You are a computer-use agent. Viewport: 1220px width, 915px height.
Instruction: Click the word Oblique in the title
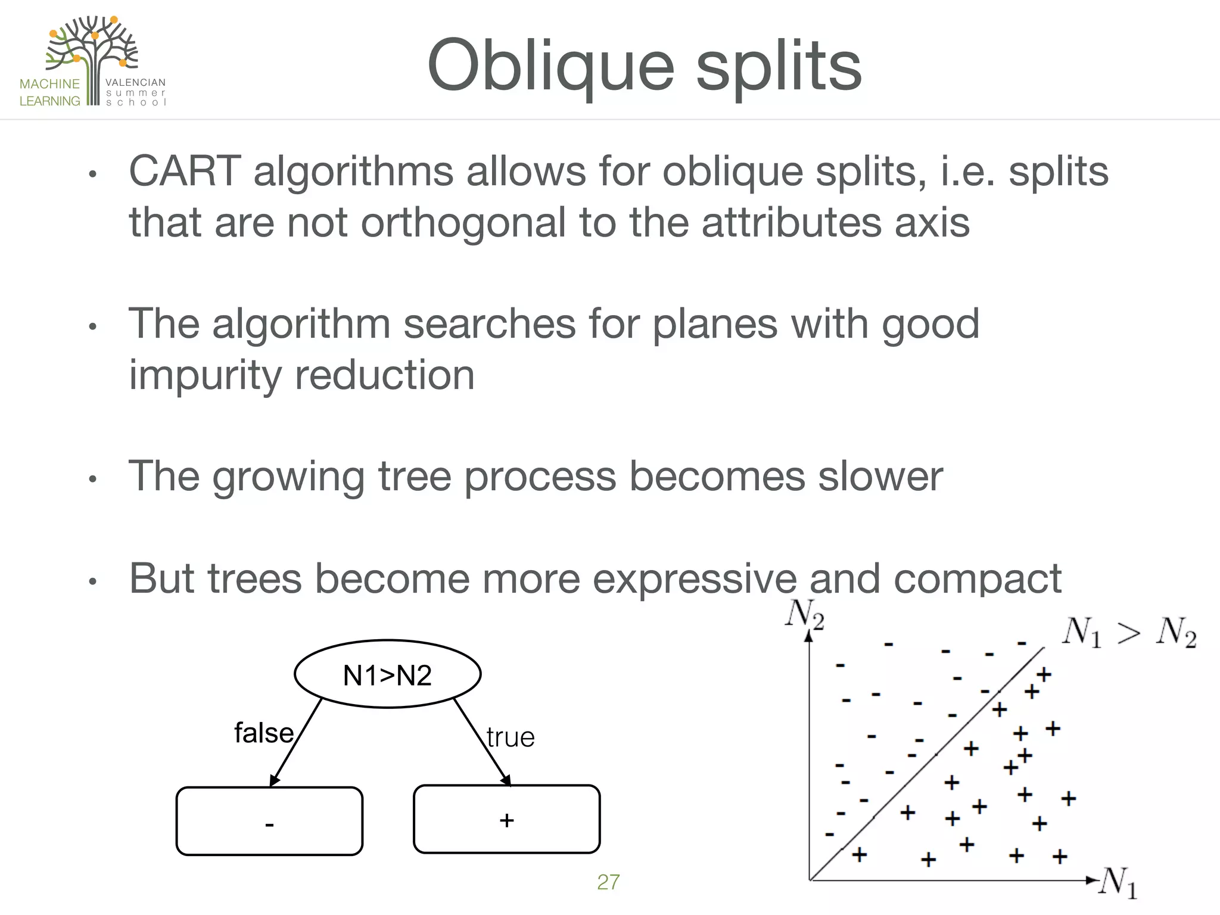(x=550, y=66)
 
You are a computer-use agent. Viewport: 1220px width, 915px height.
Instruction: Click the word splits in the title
(x=779, y=66)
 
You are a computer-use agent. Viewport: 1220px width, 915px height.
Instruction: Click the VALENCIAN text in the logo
(x=135, y=83)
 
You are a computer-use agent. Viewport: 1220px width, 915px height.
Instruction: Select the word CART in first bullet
(x=185, y=172)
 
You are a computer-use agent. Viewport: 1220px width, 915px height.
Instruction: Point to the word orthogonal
(x=463, y=222)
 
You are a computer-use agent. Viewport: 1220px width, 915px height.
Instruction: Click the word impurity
(x=204, y=375)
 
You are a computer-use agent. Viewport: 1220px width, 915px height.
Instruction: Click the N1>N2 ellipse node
(x=388, y=674)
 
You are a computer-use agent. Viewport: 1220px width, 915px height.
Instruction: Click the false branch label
(x=264, y=733)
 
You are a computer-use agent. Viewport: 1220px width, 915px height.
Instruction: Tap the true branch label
(x=511, y=737)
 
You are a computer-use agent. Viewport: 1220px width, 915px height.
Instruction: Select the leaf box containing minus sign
(x=269, y=821)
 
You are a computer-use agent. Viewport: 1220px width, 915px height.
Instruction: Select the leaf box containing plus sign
(x=506, y=819)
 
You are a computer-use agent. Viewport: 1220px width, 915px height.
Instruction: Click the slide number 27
(x=608, y=882)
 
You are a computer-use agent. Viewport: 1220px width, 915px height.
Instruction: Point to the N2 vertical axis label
(x=804, y=614)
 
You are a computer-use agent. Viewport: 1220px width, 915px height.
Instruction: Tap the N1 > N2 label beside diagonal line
(x=1129, y=633)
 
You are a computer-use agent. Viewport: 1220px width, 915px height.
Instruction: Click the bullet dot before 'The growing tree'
(x=92, y=479)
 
